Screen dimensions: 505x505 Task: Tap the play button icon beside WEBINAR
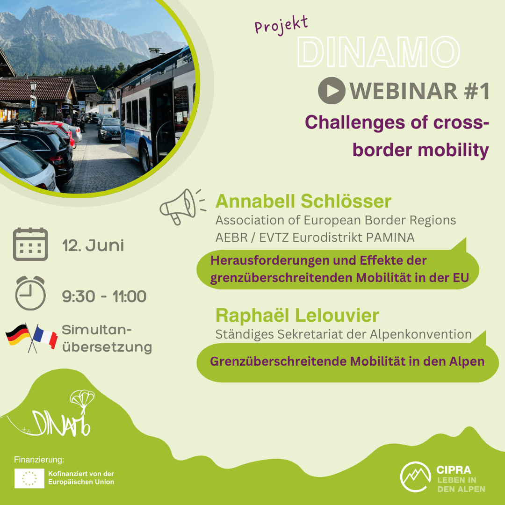pos(332,91)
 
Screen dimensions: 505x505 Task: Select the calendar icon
pos(30,244)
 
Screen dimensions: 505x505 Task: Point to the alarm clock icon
pos(30,293)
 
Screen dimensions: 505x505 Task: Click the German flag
pos(18,335)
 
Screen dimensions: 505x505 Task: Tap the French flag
pos(45,337)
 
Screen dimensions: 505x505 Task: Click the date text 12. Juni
pos(93,245)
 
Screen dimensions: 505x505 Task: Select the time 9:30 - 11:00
pos(104,296)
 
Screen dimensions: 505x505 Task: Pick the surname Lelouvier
pos(337,315)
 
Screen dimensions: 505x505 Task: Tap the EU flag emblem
pos(29,478)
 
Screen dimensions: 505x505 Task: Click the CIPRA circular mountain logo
pos(416,476)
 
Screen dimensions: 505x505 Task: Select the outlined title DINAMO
pos(378,52)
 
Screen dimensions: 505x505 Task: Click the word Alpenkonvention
pos(421,334)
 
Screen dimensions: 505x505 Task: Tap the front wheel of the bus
pos(145,158)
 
